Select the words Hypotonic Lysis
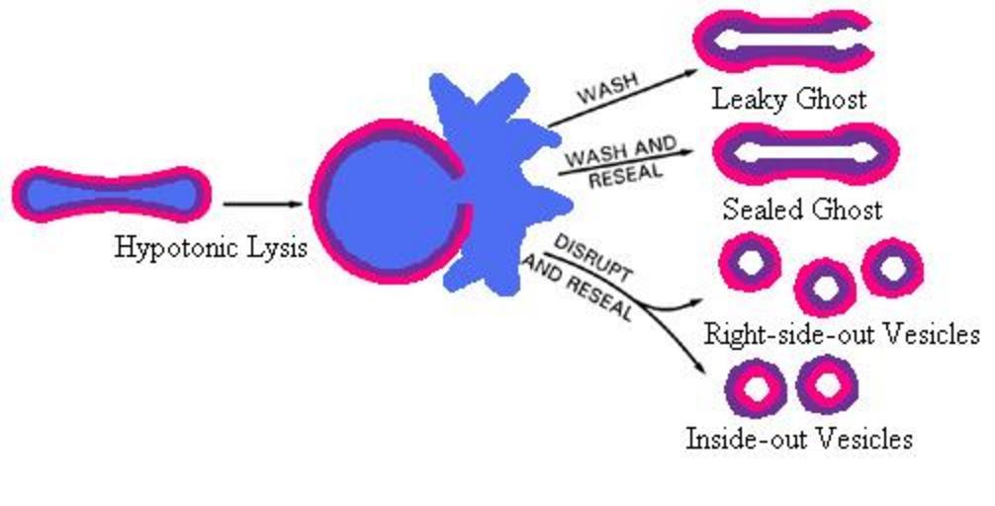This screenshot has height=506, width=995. pos(210,246)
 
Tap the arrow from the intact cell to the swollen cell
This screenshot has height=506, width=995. pos(260,204)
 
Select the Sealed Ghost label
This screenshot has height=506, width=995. pos(801,210)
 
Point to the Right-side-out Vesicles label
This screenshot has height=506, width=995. pos(841,333)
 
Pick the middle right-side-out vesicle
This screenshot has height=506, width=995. pos(824,287)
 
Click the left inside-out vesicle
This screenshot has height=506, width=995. pos(758,388)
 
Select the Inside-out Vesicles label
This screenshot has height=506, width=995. pos(799,438)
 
